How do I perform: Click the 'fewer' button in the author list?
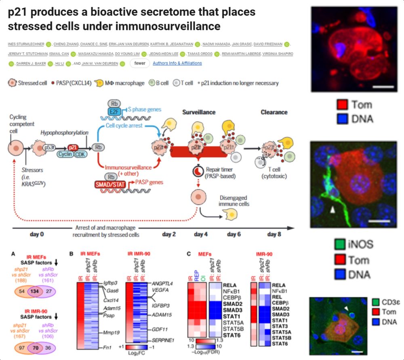click(140, 63)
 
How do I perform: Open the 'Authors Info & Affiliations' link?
click(177, 63)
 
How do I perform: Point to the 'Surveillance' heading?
click(199, 112)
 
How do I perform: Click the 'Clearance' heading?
click(274, 112)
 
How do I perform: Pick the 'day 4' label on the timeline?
click(200, 234)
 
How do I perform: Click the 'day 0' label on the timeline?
click(37, 234)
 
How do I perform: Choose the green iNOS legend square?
click(341, 245)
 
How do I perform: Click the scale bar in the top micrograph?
click(381, 86)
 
